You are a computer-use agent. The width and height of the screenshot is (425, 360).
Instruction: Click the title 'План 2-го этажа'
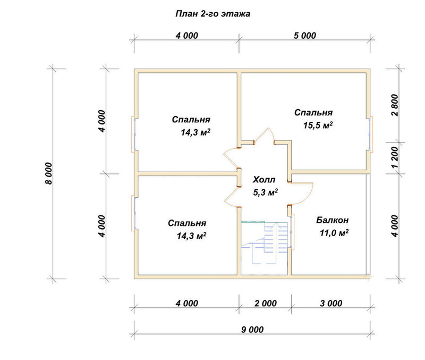213,14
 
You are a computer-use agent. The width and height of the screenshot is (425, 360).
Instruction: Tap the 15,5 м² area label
318,125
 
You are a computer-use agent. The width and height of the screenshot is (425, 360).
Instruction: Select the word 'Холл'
264,180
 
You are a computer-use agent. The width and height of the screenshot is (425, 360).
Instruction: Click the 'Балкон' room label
333,220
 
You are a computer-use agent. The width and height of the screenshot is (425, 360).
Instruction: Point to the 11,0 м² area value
334,233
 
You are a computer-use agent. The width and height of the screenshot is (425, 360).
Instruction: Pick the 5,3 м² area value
265,192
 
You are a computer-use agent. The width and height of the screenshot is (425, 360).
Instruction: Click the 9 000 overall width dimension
252,330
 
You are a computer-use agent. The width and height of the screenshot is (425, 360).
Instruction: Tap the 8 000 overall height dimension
48,174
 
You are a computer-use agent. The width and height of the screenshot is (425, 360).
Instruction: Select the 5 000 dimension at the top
305,36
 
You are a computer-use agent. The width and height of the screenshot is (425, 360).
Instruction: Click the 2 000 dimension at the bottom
266,303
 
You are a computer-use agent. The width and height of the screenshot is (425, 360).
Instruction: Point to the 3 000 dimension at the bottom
331,303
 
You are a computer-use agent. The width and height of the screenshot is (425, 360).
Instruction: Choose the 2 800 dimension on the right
395,105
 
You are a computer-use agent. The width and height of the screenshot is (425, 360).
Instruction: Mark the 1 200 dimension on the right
395,157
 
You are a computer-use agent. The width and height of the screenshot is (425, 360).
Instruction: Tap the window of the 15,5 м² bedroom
371,133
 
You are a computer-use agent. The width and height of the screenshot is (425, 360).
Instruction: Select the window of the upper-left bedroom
133,134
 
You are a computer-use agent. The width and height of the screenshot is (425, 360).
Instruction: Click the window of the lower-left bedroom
133,213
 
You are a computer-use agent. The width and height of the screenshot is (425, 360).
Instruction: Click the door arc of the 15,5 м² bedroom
264,135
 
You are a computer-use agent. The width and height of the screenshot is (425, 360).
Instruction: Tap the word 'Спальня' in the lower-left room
187,223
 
